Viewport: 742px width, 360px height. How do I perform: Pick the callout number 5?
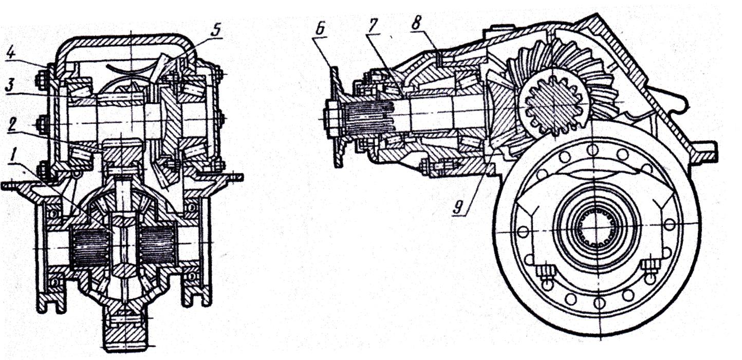pos(216,29)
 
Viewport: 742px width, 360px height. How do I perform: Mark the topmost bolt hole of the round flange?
pos(592,150)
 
